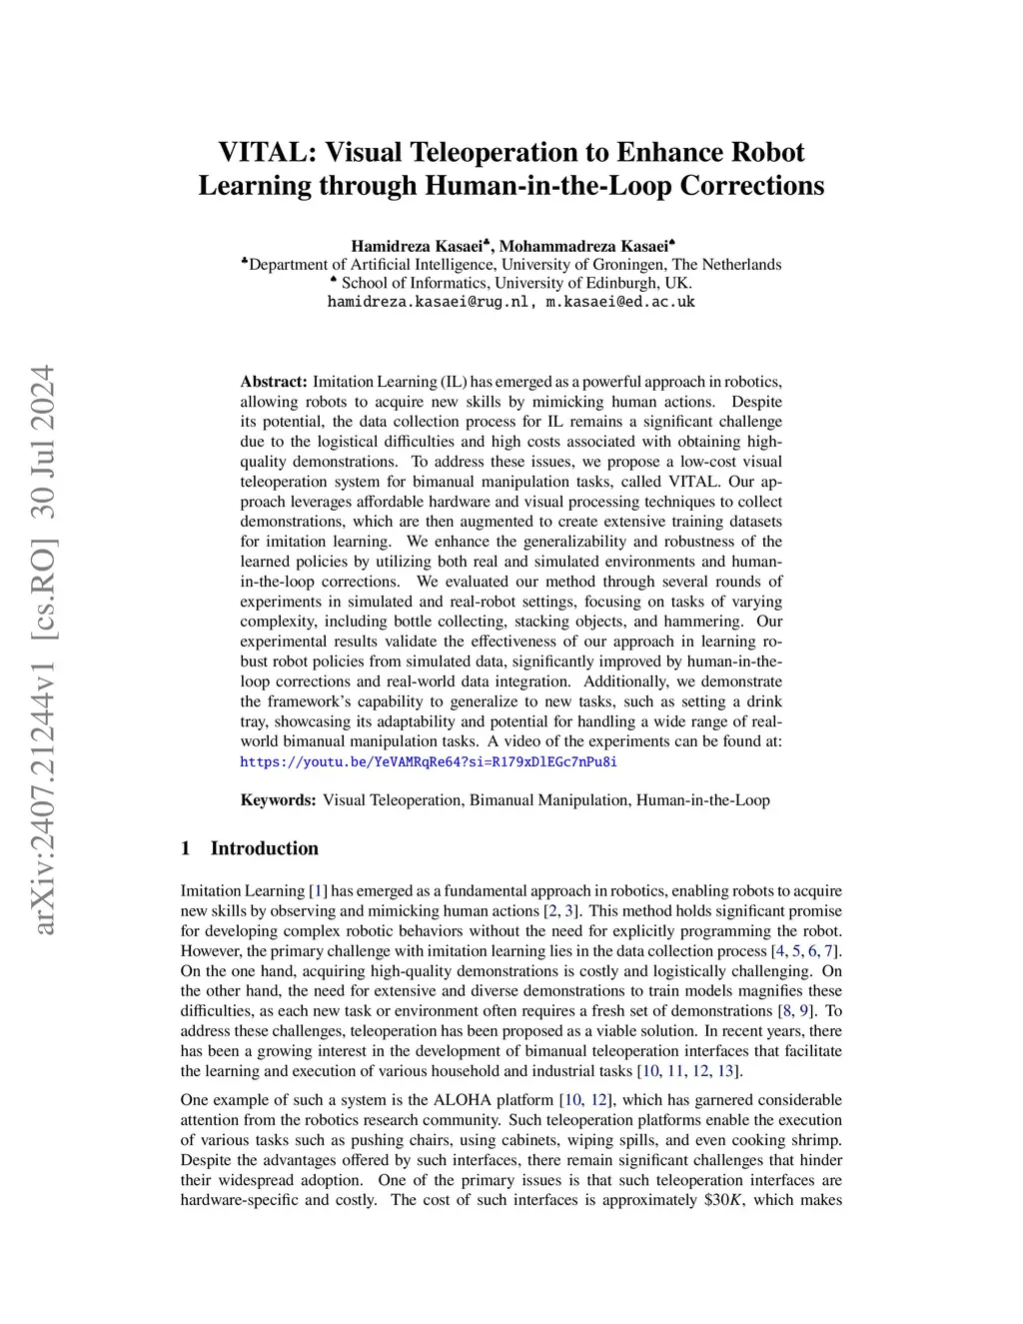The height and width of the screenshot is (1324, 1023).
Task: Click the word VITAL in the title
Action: (x=263, y=152)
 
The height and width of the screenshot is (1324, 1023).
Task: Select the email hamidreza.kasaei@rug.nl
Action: (x=430, y=302)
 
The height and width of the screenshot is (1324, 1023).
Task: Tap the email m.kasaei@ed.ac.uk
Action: (x=619, y=302)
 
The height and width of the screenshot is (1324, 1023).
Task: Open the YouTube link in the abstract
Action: (x=429, y=761)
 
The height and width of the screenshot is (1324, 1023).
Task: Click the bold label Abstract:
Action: (x=274, y=382)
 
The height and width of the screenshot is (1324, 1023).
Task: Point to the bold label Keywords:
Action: (x=279, y=800)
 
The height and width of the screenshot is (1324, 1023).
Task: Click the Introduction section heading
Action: (x=264, y=848)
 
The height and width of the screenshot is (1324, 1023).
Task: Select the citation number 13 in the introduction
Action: (x=727, y=1071)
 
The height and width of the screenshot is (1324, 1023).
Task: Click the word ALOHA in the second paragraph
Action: (x=459, y=1100)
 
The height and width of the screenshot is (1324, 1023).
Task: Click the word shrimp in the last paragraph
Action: (x=812, y=1140)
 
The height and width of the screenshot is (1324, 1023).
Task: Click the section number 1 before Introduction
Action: (x=186, y=848)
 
